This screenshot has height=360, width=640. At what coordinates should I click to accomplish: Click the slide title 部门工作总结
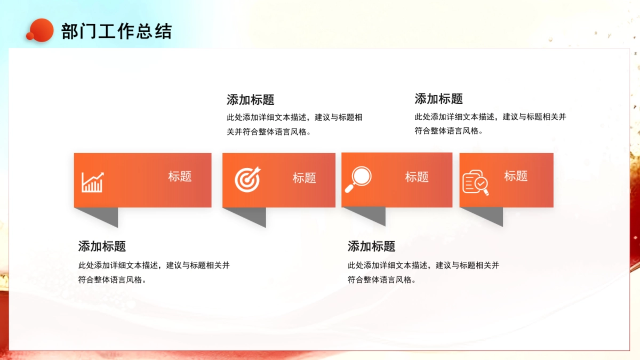click(x=116, y=31)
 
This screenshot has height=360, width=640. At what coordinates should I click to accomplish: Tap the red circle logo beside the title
click(x=41, y=30)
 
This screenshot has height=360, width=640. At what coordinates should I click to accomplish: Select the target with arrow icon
click(x=248, y=180)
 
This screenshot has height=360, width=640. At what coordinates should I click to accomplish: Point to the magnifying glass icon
click(x=358, y=179)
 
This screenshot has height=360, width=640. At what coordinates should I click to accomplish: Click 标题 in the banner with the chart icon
click(x=180, y=177)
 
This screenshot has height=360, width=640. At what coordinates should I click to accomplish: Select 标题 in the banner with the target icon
click(x=304, y=178)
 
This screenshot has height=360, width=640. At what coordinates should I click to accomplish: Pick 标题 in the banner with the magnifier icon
click(x=417, y=177)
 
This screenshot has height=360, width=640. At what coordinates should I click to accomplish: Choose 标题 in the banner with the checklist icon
click(x=516, y=176)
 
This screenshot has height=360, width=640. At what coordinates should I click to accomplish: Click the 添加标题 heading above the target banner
click(x=250, y=100)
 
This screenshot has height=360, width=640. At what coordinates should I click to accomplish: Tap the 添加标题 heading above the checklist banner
click(x=438, y=99)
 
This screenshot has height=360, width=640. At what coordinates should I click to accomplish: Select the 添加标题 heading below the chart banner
click(x=102, y=246)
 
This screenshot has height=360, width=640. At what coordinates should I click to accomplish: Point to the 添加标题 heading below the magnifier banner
click(x=371, y=246)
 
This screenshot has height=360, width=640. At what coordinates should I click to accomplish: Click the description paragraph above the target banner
click(x=294, y=124)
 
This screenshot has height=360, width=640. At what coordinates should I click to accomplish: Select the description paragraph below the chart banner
click(x=154, y=272)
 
